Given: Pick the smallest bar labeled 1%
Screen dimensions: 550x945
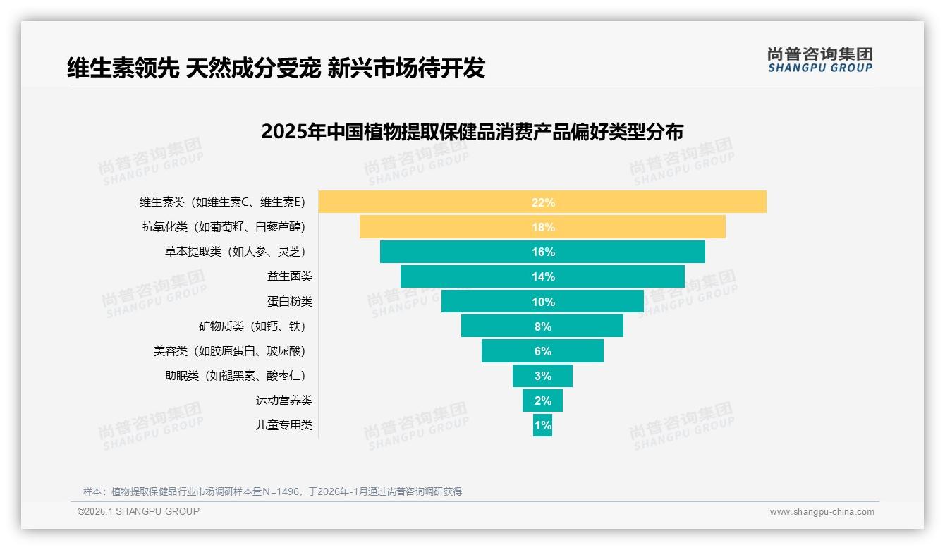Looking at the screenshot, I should (x=542, y=425).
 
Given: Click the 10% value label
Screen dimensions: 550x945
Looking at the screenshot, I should (x=543, y=302).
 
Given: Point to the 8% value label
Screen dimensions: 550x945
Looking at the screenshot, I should (x=543, y=326).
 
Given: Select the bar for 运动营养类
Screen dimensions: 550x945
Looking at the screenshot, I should (x=542, y=401).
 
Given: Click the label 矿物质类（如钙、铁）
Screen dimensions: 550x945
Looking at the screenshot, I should (x=252, y=326).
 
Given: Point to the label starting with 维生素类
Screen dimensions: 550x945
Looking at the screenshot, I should (x=222, y=202).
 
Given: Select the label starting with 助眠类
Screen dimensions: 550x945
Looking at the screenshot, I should (x=235, y=376).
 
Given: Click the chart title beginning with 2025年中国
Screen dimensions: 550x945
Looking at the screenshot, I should (x=472, y=132).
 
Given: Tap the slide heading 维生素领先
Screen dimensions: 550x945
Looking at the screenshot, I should (x=276, y=68).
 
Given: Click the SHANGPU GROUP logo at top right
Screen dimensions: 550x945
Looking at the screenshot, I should (x=819, y=60).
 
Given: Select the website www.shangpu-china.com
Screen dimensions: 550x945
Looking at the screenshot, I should (x=822, y=512).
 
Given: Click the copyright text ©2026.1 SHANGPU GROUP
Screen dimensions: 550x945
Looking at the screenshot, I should (x=138, y=511).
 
